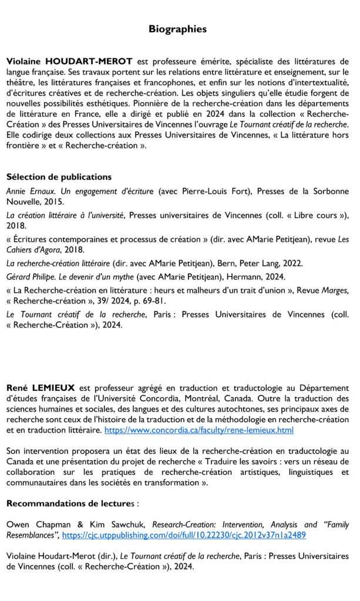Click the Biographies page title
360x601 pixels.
point(177,28)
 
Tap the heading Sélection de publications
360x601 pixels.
point(59,177)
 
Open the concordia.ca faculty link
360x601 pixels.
point(198,430)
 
